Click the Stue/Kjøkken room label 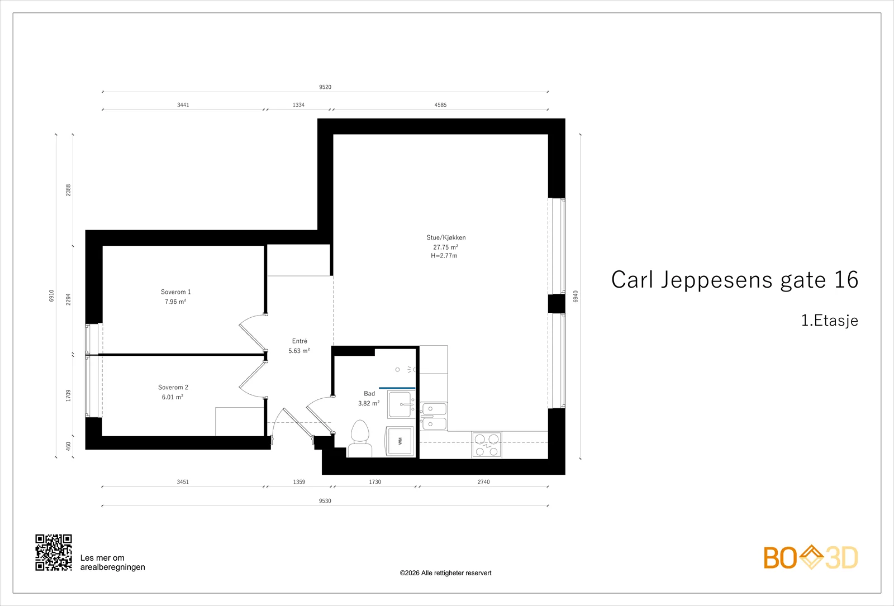pyautogui.click(x=446, y=237)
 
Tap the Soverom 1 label pyautogui.click(x=175, y=292)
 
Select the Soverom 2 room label pyautogui.click(x=173, y=388)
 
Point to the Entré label pyautogui.click(x=299, y=341)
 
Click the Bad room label pyautogui.click(x=369, y=394)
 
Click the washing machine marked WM pyautogui.click(x=400, y=441)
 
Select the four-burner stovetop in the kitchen pyautogui.click(x=487, y=445)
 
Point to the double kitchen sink pyautogui.click(x=434, y=417)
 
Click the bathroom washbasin pyautogui.click(x=401, y=404)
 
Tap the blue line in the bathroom pyautogui.click(x=397, y=388)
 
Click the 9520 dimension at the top pyautogui.click(x=325, y=87)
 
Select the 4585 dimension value pyautogui.click(x=441, y=105)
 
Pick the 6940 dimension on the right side pyautogui.click(x=576, y=297)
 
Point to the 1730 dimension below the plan pyautogui.click(x=375, y=482)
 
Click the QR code pyautogui.click(x=54, y=552)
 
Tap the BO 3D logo pyautogui.click(x=811, y=557)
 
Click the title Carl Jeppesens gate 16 pyautogui.click(x=735, y=280)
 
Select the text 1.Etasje pyautogui.click(x=830, y=321)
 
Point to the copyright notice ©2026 pyautogui.click(x=445, y=573)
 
